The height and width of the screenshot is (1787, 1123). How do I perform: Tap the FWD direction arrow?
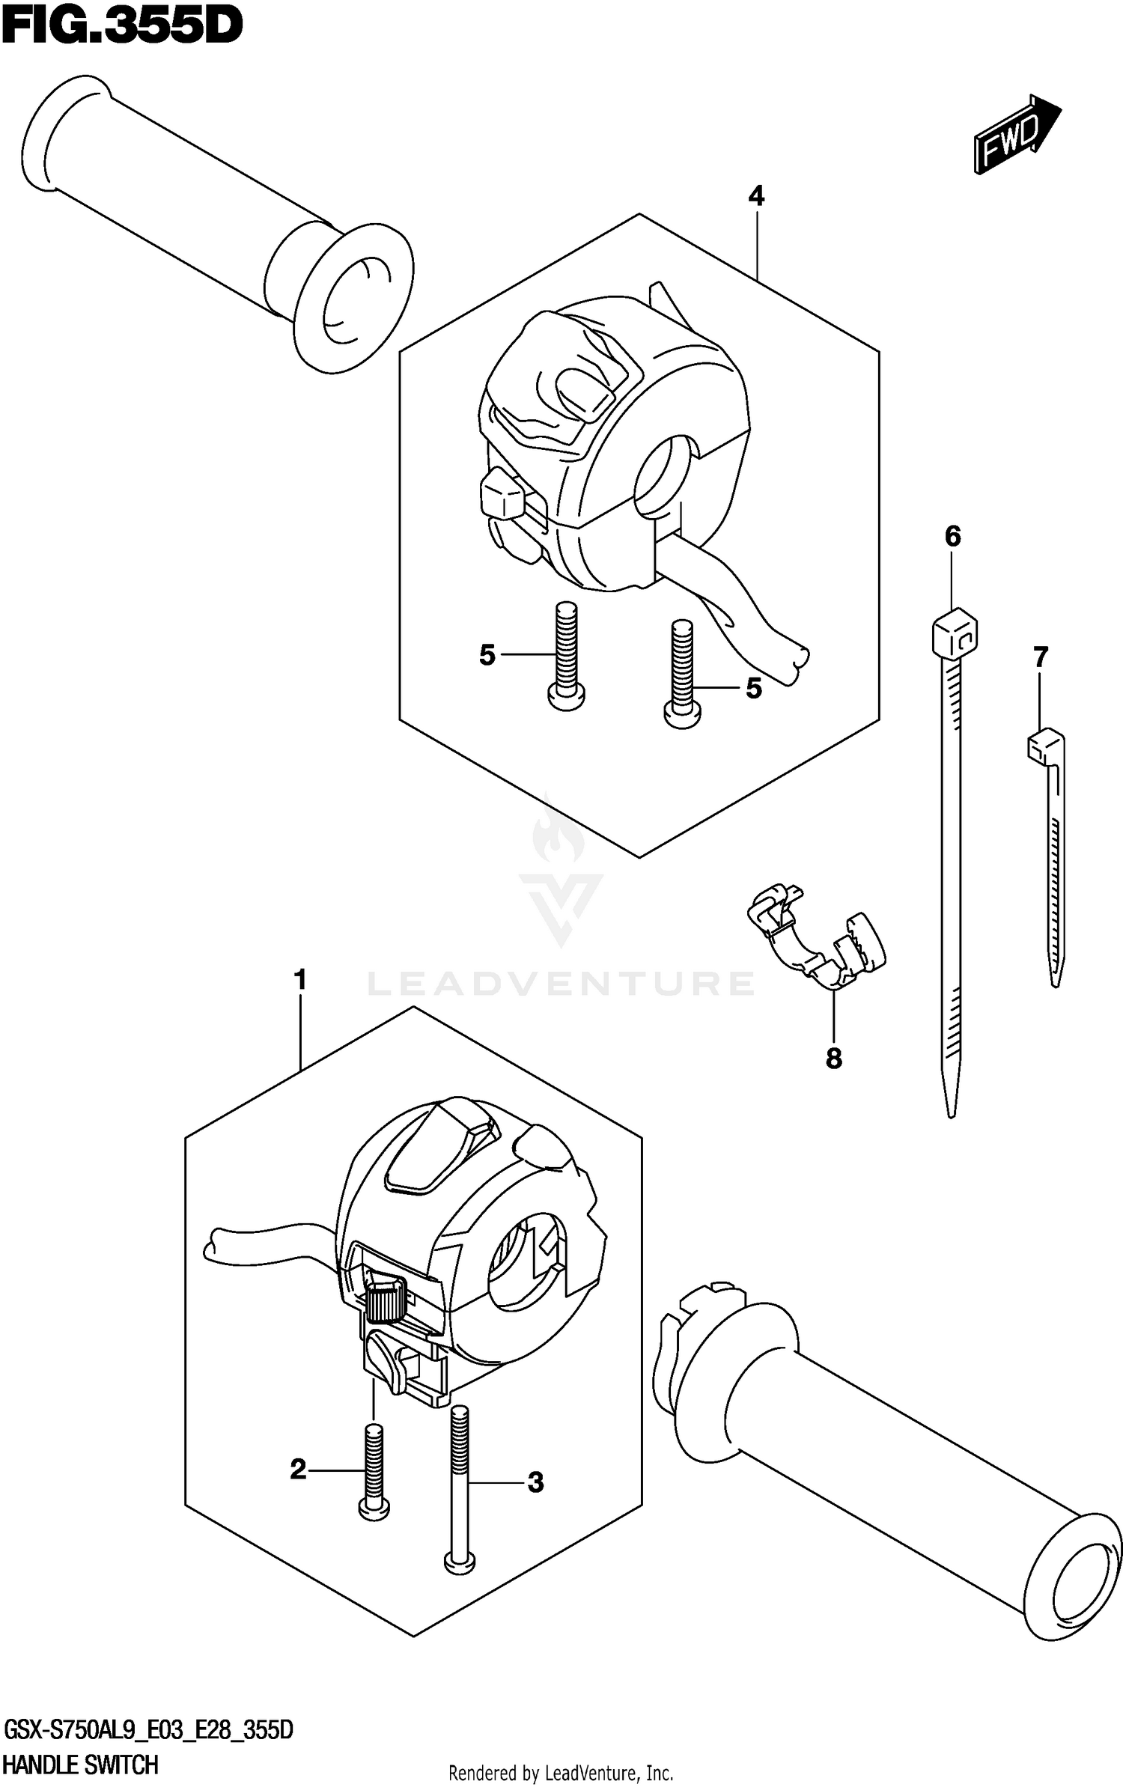coord(1016,135)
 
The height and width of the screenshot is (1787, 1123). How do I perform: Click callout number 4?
coord(756,197)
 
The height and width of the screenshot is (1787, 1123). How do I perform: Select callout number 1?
coord(300,980)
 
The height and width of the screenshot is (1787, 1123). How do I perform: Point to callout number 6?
coord(952,537)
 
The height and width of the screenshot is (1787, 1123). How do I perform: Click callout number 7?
coord(1040,658)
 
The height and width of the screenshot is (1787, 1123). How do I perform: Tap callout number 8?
coord(833,1059)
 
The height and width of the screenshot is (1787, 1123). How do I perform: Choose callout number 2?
coord(299,1470)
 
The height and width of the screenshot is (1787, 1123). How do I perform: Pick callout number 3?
coord(535,1482)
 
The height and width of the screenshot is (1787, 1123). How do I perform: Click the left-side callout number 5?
coord(487,656)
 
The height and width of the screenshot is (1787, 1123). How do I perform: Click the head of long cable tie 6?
coord(955,633)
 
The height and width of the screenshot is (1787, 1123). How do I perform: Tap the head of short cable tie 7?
coord(1043,745)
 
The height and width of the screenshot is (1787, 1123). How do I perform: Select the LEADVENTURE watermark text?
coord(561,983)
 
